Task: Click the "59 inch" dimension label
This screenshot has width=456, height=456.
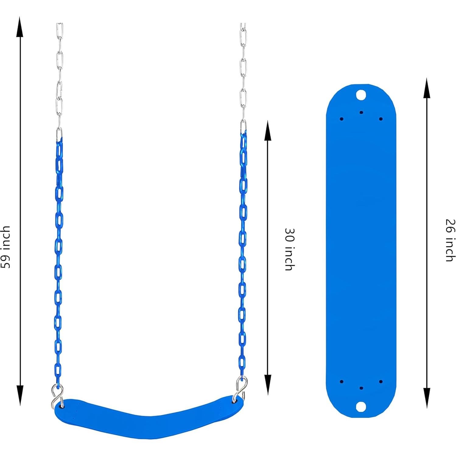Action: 6,247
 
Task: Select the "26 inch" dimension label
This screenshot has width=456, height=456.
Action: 450,240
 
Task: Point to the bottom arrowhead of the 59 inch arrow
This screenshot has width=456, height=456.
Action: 20,395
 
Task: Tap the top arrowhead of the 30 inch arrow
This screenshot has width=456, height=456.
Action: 268,131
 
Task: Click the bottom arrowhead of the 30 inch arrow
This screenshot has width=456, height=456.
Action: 268,385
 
